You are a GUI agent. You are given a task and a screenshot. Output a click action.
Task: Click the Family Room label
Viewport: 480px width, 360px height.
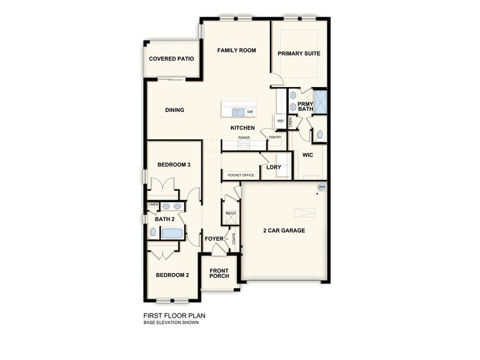pos(236,50)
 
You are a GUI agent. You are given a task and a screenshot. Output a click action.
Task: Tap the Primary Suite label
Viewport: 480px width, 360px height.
pos(299,53)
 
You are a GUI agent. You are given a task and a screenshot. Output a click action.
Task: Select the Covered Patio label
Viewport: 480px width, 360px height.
pos(171,59)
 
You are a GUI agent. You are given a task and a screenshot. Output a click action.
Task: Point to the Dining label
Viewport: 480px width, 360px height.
pos(174,110)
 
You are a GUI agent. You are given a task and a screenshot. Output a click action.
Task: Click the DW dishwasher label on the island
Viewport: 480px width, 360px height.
pos(250,111)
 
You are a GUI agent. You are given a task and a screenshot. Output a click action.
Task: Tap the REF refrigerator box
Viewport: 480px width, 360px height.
pos(280,121)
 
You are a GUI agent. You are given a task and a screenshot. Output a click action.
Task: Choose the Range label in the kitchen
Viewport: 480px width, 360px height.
pos(244,138)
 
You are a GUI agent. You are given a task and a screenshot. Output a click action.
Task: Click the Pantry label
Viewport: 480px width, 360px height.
pos(275,137)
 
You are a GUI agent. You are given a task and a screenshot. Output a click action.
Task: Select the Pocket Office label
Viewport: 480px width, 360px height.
pos(241,175)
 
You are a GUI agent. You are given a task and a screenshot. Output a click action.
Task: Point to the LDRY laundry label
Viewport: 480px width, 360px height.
pos(273,167)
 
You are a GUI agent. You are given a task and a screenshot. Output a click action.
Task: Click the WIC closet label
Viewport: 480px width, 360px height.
pos(308,155)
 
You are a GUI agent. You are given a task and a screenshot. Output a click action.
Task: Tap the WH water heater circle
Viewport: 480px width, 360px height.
pos(321,186)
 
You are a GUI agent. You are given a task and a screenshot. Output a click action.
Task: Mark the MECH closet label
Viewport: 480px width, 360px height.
pos(231,214)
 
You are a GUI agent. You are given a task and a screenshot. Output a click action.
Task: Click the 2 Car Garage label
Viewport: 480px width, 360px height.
pos(284,231)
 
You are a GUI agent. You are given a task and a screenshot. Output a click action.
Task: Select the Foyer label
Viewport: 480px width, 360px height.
pos(214,238)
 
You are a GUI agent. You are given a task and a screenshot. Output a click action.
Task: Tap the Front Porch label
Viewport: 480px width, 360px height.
pos(219,273)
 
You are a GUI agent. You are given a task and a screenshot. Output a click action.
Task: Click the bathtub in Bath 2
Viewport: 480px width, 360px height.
pos(172,233)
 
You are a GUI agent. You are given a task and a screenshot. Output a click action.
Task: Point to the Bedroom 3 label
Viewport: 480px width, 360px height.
pos(174,165)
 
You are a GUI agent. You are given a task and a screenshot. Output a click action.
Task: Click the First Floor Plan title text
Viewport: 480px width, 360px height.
pos(174,316)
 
